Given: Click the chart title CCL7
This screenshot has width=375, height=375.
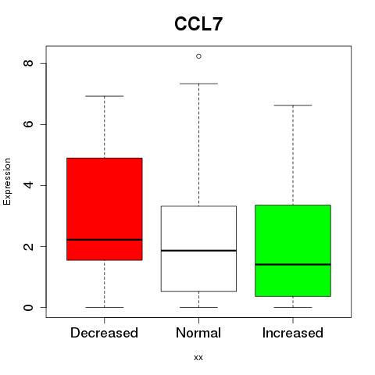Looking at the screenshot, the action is tap(198, 24).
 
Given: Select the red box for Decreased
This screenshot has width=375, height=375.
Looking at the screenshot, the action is tap(105, 209).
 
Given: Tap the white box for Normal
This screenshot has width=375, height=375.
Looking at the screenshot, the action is tap(198, 248).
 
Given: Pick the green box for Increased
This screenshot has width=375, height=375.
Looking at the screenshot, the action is tap(293, 251).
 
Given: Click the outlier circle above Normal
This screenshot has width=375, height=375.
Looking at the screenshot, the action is tap(198, 56).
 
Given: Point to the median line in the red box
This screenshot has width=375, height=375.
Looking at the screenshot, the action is tap(105, 240).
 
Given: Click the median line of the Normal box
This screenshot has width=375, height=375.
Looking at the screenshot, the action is tap(198, 251).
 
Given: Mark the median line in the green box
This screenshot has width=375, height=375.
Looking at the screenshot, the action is tap(293, 264).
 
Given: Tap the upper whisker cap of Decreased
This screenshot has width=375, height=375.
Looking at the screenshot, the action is tap(105, 96).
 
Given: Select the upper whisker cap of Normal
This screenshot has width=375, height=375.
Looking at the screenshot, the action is tap(198, 84).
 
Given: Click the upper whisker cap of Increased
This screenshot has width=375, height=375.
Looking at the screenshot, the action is tap(293, 105).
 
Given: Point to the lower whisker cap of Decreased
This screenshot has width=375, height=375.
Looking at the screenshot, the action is tap(105, 307).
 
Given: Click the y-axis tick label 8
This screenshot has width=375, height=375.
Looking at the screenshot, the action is tap(29, 63).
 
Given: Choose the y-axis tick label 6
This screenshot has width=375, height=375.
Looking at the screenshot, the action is tap(29, 124).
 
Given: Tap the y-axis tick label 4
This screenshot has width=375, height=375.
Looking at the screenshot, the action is tap(29, 185).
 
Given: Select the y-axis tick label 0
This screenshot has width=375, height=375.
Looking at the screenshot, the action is tap(29, 307).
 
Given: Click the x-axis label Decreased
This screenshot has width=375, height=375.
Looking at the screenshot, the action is tap(104, 333).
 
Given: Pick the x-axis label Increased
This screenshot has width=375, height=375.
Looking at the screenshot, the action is tap(293, 333).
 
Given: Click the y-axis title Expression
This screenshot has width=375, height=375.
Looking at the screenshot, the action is tap(7, 181).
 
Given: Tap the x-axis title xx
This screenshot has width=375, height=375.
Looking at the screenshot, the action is tap(198, 358).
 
